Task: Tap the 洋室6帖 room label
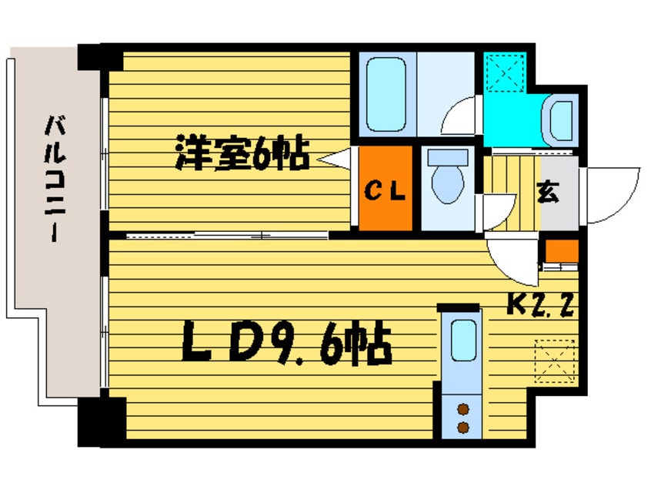242,153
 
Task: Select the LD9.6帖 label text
286,344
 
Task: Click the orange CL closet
385,189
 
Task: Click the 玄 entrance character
547,192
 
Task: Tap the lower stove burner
463,427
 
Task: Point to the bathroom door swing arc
462,117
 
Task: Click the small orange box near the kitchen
562,251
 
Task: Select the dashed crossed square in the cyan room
505,72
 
